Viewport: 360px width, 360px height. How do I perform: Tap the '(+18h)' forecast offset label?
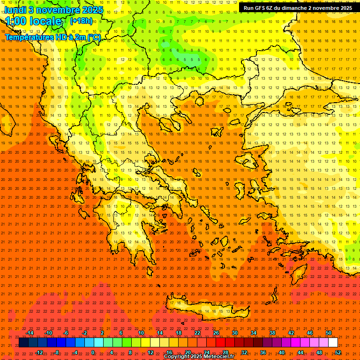pos(81,21)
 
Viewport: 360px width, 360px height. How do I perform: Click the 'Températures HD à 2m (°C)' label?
pos(52,37)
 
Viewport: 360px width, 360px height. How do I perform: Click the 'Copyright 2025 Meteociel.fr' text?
pos(199,357)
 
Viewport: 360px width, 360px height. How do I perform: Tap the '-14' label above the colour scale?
pos(30,333)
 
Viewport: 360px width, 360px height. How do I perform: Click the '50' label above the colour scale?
pos(329,333)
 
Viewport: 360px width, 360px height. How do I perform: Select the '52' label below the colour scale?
pos(338,352)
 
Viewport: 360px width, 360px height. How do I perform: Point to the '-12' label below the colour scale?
pos(39,352)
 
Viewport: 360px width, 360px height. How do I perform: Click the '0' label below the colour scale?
pos(93,352)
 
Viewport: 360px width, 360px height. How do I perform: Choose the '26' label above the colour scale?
pos(216,333)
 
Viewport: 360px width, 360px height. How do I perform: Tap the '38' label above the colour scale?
pos(272,333)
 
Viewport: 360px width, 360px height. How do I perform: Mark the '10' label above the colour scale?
pos(141,333)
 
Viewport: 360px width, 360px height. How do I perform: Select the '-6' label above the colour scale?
pos(66,333)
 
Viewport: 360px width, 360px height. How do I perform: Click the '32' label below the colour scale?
pos(244,352)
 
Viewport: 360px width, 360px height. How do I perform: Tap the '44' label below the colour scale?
pos(300,352)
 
